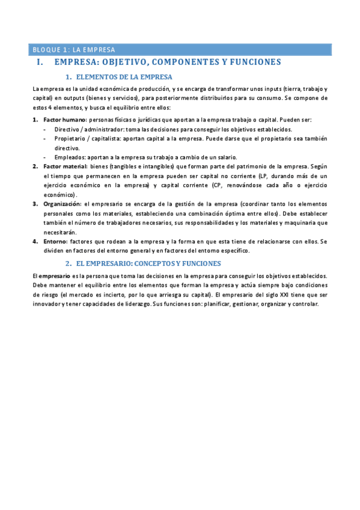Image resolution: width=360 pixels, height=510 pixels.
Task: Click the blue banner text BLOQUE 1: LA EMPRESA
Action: pos(74,50)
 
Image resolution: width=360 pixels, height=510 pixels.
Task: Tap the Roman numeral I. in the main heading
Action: pos(40,63)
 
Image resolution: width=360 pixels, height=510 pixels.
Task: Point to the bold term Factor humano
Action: pos(64,120)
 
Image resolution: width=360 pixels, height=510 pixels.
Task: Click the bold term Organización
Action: pos(62,204)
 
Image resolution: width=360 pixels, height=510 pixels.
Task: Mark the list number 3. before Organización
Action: pos(35,204)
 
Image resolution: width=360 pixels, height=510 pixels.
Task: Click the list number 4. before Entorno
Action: pos(35,241)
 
